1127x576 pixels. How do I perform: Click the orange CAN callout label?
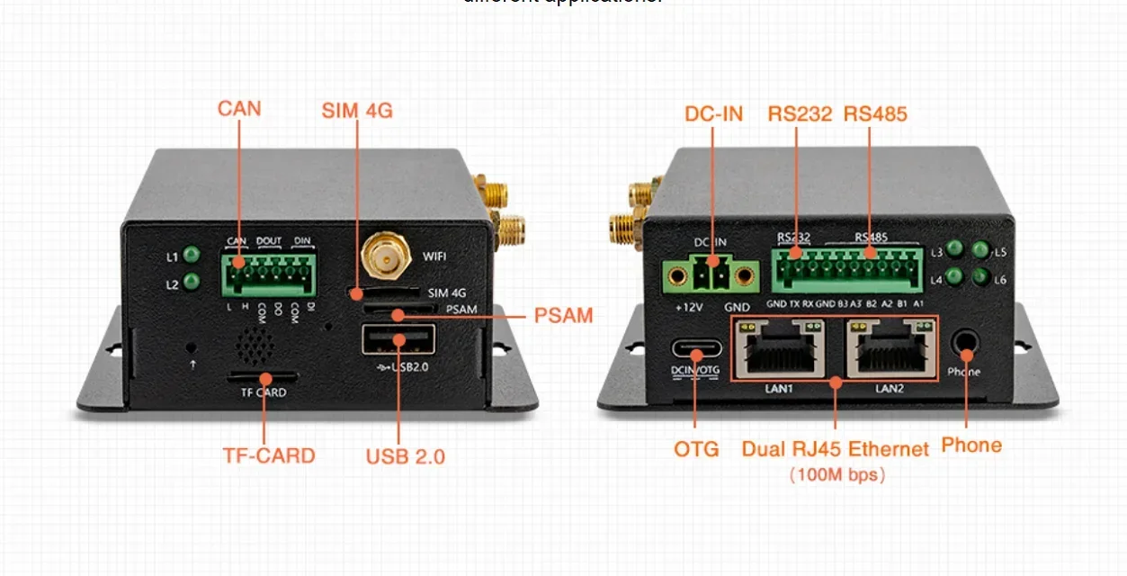pos(239,109)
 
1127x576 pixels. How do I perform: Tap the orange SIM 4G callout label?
pos(357,112)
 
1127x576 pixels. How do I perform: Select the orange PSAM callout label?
pos(563,316)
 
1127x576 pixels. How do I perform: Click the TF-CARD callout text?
pos(269,455)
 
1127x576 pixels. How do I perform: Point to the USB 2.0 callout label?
pos(405,456)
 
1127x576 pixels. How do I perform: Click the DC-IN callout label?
pos(714,114)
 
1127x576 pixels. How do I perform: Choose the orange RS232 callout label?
pos(800,114)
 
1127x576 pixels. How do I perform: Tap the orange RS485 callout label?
pos(875,114)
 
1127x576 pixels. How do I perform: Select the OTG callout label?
pos(696,448)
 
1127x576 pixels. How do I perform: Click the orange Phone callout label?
pos(971,445)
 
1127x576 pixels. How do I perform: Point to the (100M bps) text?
pos(836,474)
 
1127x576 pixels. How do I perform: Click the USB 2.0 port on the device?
pos(398,341)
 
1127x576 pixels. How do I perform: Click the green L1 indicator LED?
pos(191,256)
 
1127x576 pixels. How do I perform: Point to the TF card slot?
pos(264,375)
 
